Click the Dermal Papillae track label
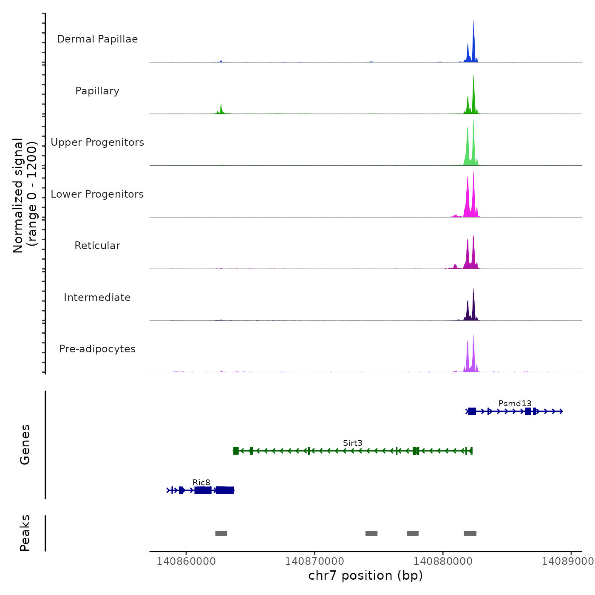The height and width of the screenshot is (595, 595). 97,39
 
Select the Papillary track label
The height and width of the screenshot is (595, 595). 97,91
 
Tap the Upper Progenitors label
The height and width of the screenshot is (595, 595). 97,142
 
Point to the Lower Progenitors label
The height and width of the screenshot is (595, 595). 97,194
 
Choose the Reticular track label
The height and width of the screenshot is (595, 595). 97,246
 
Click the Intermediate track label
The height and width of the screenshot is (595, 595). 97,297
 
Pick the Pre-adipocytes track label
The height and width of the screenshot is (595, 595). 97,349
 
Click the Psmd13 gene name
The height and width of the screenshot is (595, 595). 515,403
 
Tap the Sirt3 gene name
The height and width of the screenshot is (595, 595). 352,443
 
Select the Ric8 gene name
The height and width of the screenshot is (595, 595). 201,482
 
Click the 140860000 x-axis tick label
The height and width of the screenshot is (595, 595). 186,561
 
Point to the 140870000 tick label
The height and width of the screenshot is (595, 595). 314,561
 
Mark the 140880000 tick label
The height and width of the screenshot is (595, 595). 443,561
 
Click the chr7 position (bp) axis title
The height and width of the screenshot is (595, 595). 365,575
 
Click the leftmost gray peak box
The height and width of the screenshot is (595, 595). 221,533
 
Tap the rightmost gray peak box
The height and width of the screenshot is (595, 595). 470,533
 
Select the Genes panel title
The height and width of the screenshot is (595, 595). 25,445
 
